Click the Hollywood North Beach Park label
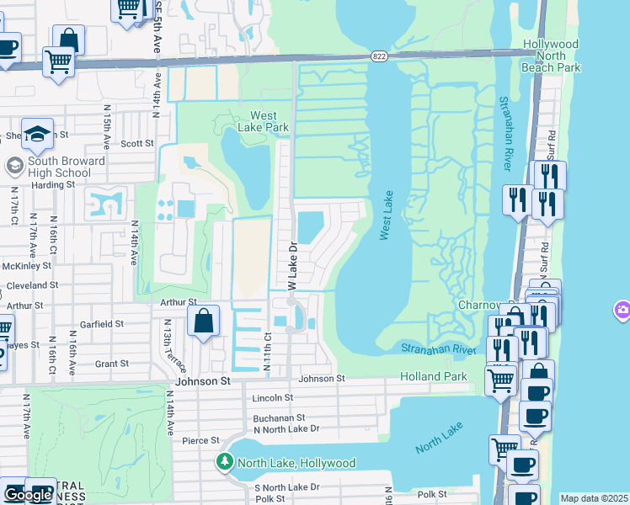(550, 55)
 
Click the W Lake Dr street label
(293, 267)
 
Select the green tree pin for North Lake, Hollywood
(225, 461)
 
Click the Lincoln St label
(272, 397)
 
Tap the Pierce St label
(200, 440)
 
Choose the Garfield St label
(96, 323)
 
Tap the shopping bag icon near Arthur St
(203, 321)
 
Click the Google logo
(27, 495)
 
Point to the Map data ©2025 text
(594, 498)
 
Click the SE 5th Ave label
(157, 29)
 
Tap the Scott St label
(136, 143)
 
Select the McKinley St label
(27, 265)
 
